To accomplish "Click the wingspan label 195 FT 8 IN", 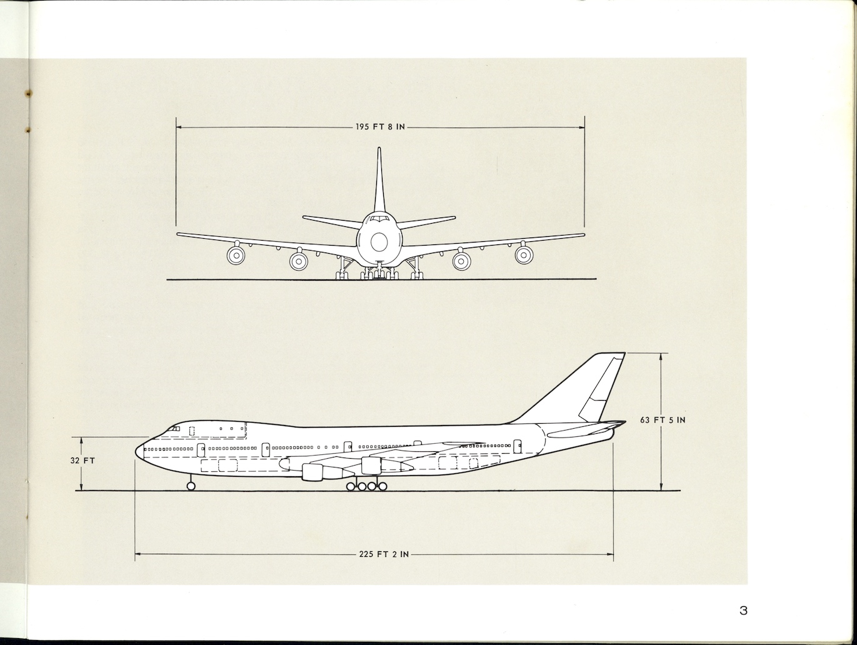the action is point(380,127).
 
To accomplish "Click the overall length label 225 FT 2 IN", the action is point(384,554).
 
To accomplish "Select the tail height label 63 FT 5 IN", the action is point(663,420).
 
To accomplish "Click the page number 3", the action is point(743,611).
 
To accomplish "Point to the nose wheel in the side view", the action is point(191,486).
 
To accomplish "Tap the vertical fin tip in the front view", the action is point(379,149).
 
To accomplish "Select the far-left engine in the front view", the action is point(236,254).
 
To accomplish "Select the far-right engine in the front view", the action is point(524,254).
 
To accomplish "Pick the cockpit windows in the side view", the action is point(174,429).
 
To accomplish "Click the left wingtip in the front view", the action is point(178,234).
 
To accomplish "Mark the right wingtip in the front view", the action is point(583,234).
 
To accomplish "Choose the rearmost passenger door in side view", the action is point(517,446).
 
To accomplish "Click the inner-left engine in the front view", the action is point(299,260).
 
